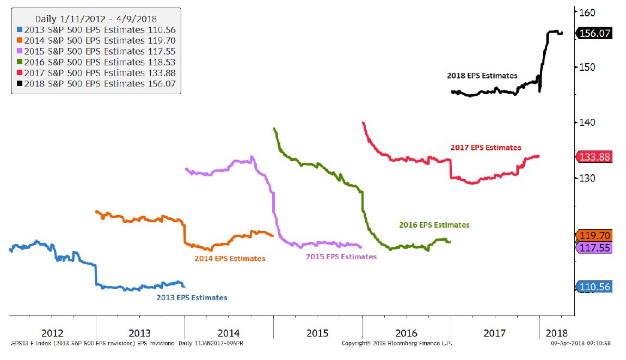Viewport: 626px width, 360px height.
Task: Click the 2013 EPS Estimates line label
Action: tap(192, 298)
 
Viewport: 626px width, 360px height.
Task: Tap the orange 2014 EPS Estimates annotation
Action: tap(230, 259)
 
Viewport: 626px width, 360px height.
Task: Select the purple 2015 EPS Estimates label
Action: tap(341, 257)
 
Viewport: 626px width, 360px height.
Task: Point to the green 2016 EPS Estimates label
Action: tap(434, 225)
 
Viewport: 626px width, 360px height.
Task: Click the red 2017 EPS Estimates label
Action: tap(486, 148)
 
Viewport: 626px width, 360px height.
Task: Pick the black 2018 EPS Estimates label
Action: tap(482, 76)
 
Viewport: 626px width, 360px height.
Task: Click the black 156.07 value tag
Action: tap(596, 33)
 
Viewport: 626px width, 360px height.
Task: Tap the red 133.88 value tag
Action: tap(596, 157)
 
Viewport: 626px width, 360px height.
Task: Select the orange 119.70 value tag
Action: tap(596, 236)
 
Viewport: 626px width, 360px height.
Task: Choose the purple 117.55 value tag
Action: tap(596, 247)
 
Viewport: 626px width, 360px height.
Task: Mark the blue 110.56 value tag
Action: tap(596, 286)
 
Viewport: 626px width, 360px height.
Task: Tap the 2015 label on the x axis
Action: tap(317, 333)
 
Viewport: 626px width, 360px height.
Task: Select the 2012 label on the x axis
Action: tap(52, 333)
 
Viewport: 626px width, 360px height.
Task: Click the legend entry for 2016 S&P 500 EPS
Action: tap(96, 62)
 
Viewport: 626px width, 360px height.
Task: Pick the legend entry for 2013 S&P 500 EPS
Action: tap(96, 30)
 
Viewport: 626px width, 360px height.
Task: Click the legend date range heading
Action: tap(96, 19)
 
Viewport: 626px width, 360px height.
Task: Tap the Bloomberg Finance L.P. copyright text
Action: tap(397, 344)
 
